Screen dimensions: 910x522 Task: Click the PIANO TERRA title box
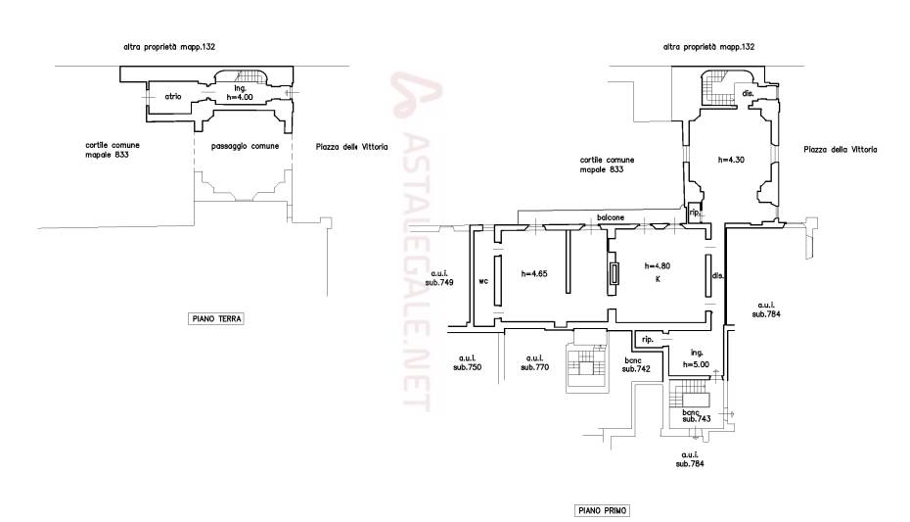point(216,318)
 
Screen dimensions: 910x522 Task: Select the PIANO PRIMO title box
point(603,510)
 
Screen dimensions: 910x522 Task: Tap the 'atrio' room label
point(173,96)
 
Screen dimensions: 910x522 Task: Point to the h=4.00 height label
point(240,97)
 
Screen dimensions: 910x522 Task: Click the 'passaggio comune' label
point(245,146)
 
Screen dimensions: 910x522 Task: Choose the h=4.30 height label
point(731,160)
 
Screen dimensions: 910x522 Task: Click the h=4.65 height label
point(534,273)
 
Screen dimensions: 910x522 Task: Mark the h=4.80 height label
point(658,266)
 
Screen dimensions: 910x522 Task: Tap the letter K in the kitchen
point(658,279)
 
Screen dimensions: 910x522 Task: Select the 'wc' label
point(483,281)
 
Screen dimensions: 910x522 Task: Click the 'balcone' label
point(612,217)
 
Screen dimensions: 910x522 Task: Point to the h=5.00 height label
point(696,364)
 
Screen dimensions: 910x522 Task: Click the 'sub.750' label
point(467,367)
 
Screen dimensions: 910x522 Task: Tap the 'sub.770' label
point(534,367)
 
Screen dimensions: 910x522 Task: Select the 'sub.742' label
point(636,368)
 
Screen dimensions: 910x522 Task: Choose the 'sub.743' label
point(697,418)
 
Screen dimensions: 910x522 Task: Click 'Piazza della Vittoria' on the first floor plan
point(841,149)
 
